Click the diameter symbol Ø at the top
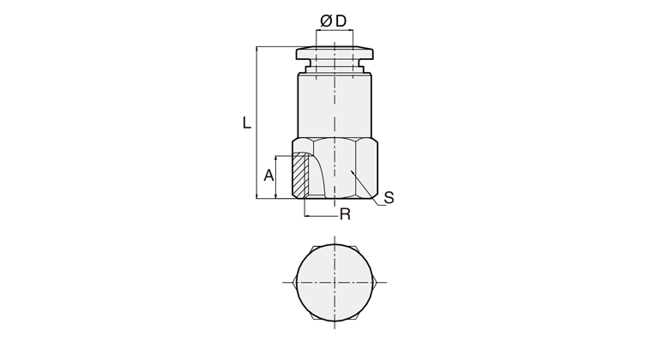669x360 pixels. point(326,21)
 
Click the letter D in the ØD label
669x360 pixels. point(341,21)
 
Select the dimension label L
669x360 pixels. point(247,123)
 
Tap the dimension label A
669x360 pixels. point(268,176)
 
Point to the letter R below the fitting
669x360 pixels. point(345,214)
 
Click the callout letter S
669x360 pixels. point(389,198)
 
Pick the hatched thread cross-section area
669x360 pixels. point(300,175)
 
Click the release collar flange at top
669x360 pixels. point(334,53)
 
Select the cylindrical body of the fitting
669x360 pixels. point(334,105)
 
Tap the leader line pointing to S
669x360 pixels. point(368,188)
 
